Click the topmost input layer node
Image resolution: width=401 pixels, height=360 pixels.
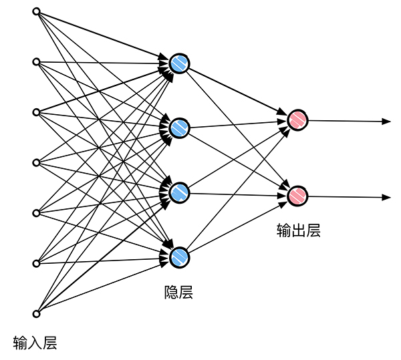36,11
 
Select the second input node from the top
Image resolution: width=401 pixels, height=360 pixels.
36,62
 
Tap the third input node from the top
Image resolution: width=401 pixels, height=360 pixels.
36,112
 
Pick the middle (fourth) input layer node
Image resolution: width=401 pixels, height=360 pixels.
36,162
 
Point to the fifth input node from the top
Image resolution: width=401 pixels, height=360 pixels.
36,213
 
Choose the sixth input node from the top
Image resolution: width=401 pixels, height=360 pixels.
36,263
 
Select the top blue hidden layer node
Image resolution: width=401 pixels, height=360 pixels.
179,63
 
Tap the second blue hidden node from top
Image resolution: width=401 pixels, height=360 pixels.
179,128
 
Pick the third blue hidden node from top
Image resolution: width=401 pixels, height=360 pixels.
179,192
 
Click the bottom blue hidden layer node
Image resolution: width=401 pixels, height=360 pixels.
179,256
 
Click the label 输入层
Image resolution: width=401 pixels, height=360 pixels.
35,344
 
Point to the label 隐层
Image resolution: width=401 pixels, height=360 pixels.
178,292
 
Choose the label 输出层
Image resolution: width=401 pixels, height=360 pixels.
298,231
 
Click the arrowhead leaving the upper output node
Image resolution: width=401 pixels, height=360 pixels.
386,121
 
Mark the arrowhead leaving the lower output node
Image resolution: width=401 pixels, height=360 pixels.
386,197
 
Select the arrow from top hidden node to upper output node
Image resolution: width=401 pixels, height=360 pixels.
237,92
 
